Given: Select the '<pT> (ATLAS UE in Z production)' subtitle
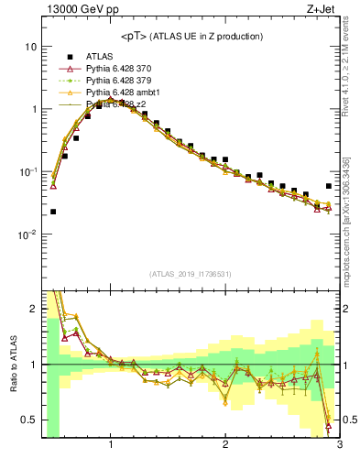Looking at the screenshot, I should click(191, 36).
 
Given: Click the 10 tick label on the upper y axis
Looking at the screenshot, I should click(30, 47).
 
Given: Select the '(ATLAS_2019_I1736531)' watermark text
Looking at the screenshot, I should click(191, 274).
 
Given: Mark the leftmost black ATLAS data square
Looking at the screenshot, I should click(53, 212).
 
